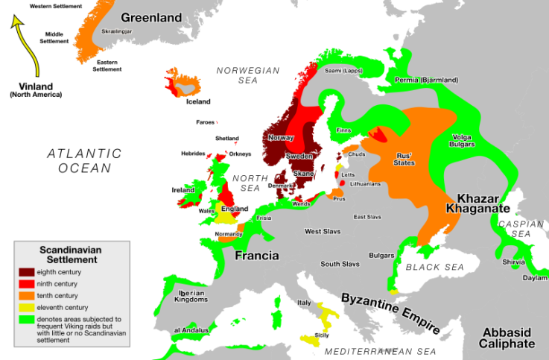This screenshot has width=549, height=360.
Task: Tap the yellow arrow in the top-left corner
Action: click(26, 47)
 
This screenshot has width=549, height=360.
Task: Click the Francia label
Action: click(257, 256)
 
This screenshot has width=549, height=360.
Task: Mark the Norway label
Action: click(282, 138)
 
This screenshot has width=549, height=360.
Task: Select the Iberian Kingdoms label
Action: click(187, 295)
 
